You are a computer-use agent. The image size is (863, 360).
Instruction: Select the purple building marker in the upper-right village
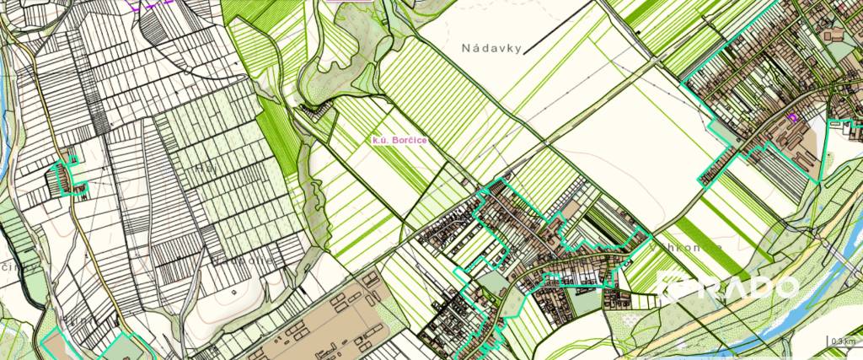pyautogui.click(x=791, y=118)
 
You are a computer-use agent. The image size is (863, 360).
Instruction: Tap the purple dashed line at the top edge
pyautogui.click(x=152, y=3)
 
